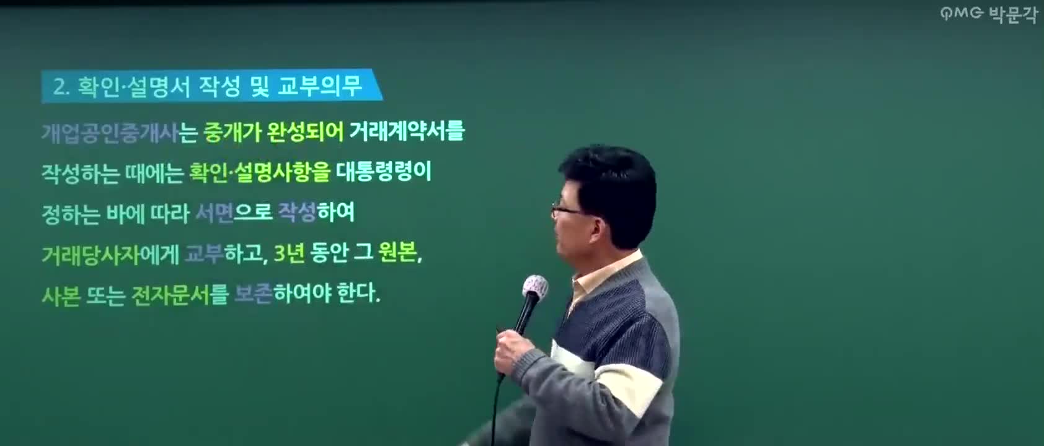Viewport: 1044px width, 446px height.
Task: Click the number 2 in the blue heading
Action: (x=59, y=87)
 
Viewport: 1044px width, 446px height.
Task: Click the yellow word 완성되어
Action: (x=305, y=132)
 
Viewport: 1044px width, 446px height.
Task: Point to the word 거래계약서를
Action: (x=407, y=131)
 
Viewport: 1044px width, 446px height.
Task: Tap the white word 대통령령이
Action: (x=384, y=172)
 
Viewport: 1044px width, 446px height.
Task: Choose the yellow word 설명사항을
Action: (x=283, y=172)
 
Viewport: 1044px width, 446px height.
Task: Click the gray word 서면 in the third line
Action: (x=215, y=213)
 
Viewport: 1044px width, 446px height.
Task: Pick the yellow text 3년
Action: (x=289, y=253)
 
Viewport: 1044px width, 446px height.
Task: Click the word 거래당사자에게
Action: (x=110, y=254)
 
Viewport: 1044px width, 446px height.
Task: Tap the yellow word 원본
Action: (x=398, y=253)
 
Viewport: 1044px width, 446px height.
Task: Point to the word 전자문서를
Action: (x=180, y=295)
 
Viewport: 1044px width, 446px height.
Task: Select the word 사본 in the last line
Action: (x=61, y=295)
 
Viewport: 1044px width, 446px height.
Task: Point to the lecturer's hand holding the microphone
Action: (x=510, y=351)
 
